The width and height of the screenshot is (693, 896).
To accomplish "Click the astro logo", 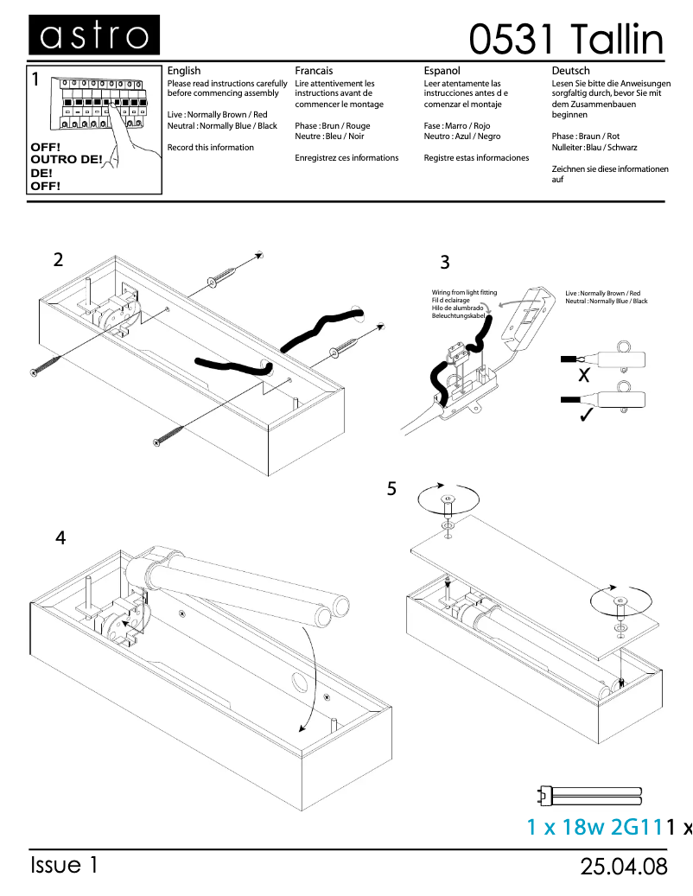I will pos(93,35).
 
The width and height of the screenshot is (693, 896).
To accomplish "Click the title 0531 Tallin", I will pos(567,39).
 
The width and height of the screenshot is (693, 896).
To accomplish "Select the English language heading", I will pos(183,71).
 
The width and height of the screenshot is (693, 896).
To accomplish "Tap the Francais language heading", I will pos(314,71).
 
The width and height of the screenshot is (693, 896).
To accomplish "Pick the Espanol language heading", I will pos(442,71).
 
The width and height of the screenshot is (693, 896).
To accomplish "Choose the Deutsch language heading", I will pos(570,71).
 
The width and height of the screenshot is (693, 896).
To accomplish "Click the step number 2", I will pos(58,259).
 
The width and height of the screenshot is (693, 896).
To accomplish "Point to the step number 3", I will pos(445,263).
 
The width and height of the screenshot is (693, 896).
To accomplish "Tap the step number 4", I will pos(60,537).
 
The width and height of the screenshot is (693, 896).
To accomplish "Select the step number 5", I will pos(391,489).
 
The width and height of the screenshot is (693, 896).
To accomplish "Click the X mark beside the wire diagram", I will pos(583,377).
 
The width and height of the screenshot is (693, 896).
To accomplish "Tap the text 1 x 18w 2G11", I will pos(594,827).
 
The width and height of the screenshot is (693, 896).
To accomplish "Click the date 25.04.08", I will pos(624,867).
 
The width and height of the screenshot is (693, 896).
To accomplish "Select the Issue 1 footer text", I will pos(65,866).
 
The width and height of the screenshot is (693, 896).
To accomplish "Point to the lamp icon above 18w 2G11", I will pos(590,794).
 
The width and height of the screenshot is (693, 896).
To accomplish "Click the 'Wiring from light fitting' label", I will pos(464,293).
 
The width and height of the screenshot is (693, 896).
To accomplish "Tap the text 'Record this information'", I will pos(210,148).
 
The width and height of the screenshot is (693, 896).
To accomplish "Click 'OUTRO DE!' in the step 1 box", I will pos(66,160).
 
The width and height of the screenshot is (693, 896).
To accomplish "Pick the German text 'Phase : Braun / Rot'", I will pos(585,137).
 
